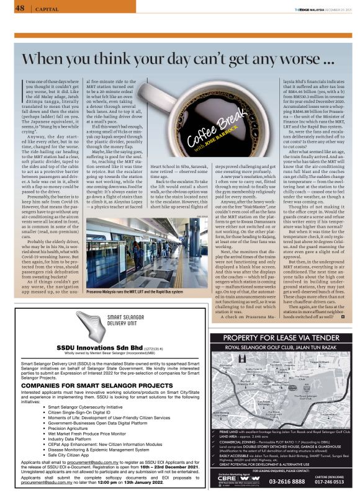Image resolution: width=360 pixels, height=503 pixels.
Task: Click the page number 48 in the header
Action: [x=20, y=8]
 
